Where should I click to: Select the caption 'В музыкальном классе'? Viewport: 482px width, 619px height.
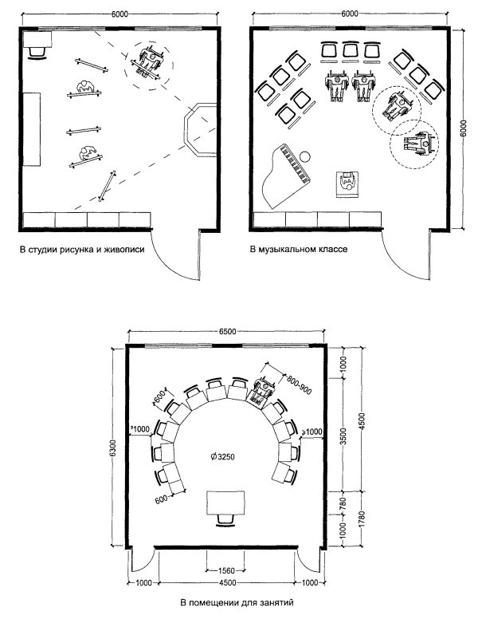point(300,249)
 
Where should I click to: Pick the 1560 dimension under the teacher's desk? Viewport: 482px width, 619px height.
point(225,571)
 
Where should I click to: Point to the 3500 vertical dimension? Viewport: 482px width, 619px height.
point(343,438)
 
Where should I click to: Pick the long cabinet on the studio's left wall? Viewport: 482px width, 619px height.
point(31,128)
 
